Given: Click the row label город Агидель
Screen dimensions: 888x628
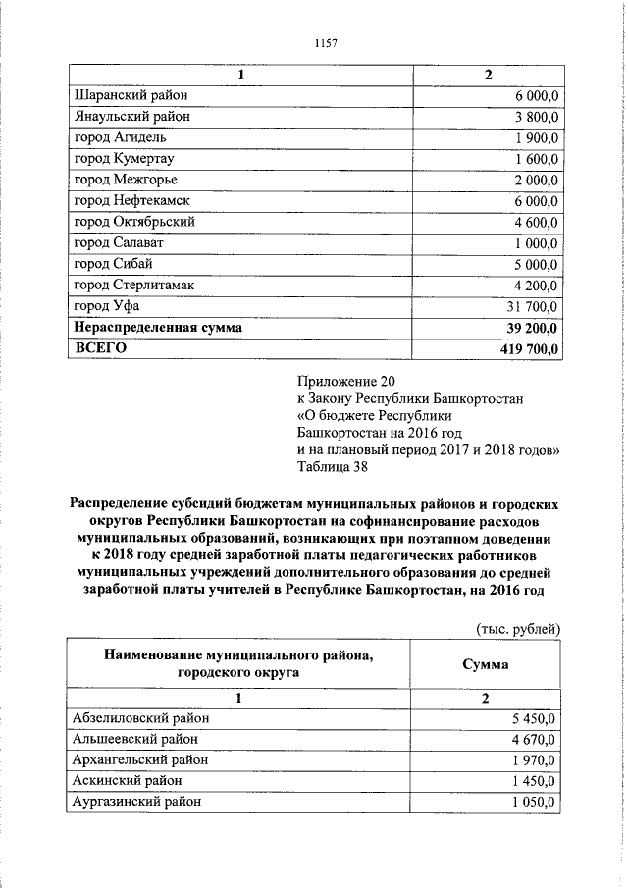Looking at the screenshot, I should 122,137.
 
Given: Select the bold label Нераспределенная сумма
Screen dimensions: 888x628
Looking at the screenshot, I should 158,327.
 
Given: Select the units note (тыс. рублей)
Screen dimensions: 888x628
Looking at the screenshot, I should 516,626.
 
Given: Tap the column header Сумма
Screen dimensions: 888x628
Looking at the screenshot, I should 486,664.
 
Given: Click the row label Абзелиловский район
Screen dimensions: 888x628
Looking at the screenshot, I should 141,718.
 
